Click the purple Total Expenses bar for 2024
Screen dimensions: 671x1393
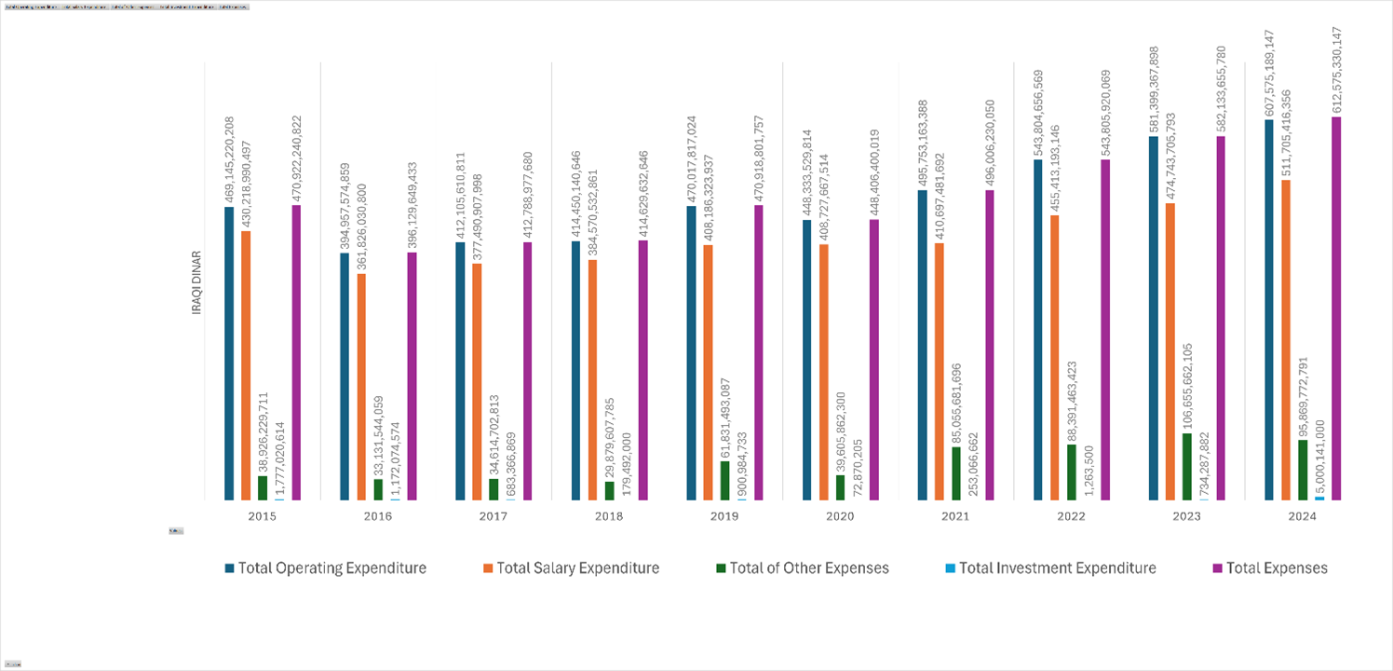tap(1336, 308)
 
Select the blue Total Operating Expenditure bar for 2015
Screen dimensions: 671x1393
tap(229, 354)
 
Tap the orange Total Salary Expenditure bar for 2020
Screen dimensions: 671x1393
tap(824, 373)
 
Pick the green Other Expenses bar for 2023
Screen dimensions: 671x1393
tap(1187, 467)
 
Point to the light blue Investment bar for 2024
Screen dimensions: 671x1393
tap(1319, 499)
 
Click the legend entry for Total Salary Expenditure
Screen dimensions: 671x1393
tap(577, 568)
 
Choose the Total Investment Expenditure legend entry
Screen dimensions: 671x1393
tap(1057, 568)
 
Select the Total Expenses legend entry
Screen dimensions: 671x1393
tap(1277, 568)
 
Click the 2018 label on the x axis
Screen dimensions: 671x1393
tap(609, 515)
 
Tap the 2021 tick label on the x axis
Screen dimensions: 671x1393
tap(955, 515)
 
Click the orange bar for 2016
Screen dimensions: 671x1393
tap(361, 387)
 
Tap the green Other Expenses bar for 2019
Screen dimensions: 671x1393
tap(725, 481)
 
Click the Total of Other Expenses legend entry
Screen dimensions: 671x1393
tap(809, 568)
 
